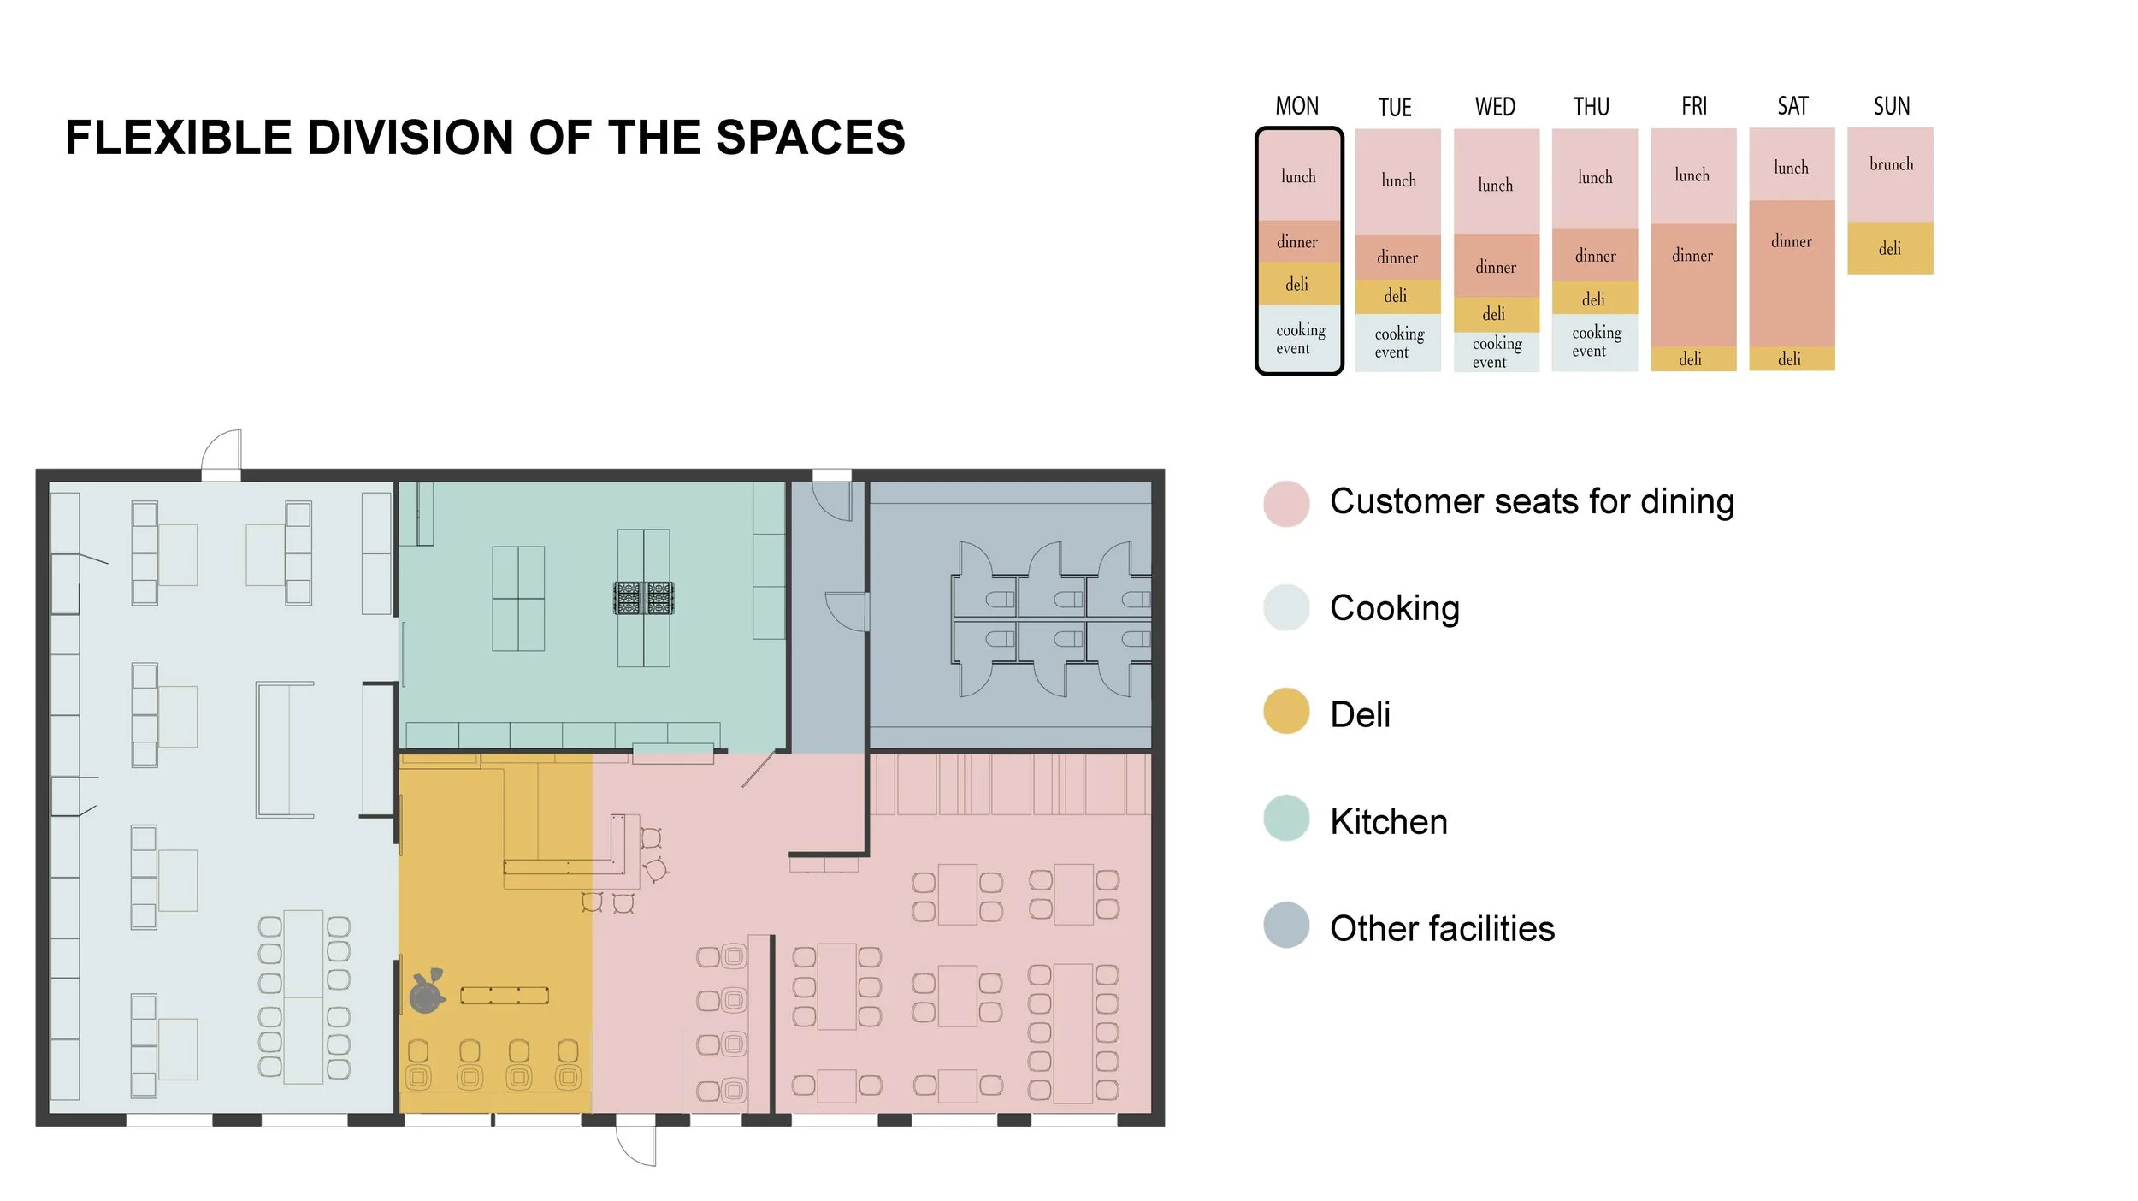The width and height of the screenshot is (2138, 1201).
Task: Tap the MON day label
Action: coord(1297,106)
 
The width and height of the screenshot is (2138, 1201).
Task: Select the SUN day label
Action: coord(1892,106)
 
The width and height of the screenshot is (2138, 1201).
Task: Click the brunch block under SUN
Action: coord(1890,175)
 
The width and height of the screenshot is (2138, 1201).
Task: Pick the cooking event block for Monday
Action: coord(1299,338)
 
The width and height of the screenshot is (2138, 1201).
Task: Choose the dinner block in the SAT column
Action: coord(1792,273)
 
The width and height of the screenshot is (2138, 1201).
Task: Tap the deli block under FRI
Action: coord(1692,358)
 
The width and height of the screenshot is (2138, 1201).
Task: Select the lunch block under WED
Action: coord(1496,181)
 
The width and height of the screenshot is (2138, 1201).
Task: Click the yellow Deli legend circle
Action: coord(1285,711)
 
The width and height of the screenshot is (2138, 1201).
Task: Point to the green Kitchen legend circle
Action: coord(1285,818)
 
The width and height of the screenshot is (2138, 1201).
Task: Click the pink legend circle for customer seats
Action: coord(1285,503)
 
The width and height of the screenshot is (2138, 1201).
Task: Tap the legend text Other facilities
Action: coord(1442,928)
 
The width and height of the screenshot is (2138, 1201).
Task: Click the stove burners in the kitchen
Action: coord(643,598)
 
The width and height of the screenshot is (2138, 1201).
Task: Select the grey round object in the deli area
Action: coord(427,992)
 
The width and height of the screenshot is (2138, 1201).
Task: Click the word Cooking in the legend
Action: coord(1394,608)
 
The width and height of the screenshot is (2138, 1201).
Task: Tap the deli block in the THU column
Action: coord(1594,298)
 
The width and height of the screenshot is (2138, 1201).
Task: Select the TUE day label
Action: coord(1394,108)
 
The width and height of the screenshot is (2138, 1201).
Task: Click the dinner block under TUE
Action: coord(1397,257)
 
